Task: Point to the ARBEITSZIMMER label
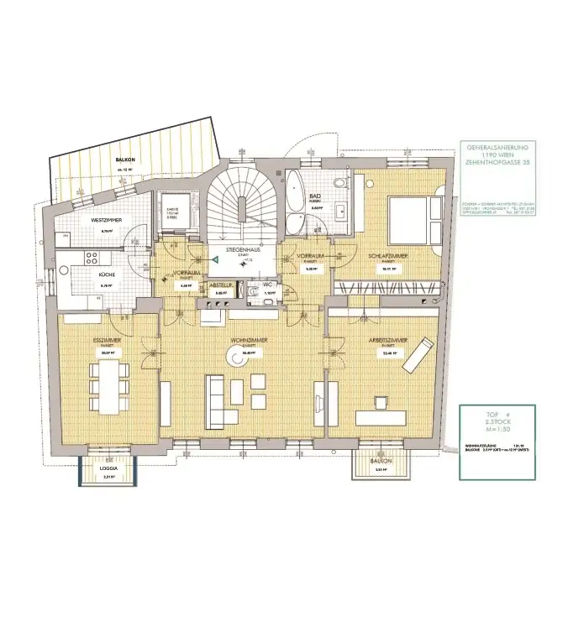coord(388,341)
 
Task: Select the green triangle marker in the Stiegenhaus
coord(215,260)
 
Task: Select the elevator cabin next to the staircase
coord(171,215)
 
